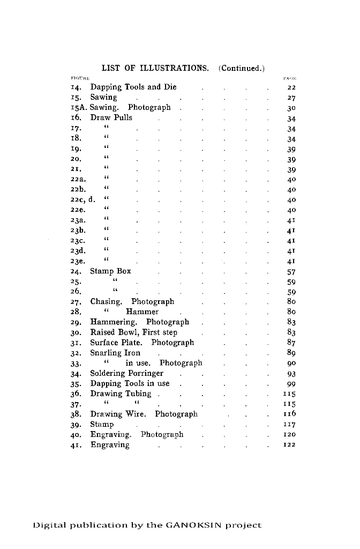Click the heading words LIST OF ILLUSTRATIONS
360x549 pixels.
pyautogui.click(x=155, y=68)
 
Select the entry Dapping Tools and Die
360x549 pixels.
pyautogui.click(x=133, y=87)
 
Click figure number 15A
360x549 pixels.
pyautogui.click(x=79, y=107)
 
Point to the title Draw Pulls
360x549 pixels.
pyautogui.click(x=111, y=117)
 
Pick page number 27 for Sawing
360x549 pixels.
pyautogui.click(x=291, y=98)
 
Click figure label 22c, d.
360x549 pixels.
pyautogui.click(x=82, y=200)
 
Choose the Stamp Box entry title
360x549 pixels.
pyautogui.click(x=110, y=271)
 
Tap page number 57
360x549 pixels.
pyautogui.click(x=291, y=272)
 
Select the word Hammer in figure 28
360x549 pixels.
pyautogui.click(x=142, y=312)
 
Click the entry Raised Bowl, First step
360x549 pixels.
pyautogui.click(x=133, y=332)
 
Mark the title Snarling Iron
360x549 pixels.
pyautogui.click(x=115, y=353)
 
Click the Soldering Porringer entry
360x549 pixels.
pyautogui.click(x=126, y=373)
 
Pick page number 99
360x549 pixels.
pyautogui.click(x=291, y=384)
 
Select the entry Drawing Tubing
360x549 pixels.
pyautogui.click(x=121, y=394)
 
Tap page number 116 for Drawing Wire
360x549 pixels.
pyautogui.click(x=290, y=414)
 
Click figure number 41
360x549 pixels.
pyautogui.click(x=76, y=445)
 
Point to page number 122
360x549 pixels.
pyautogui.click(x=290, y=445)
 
